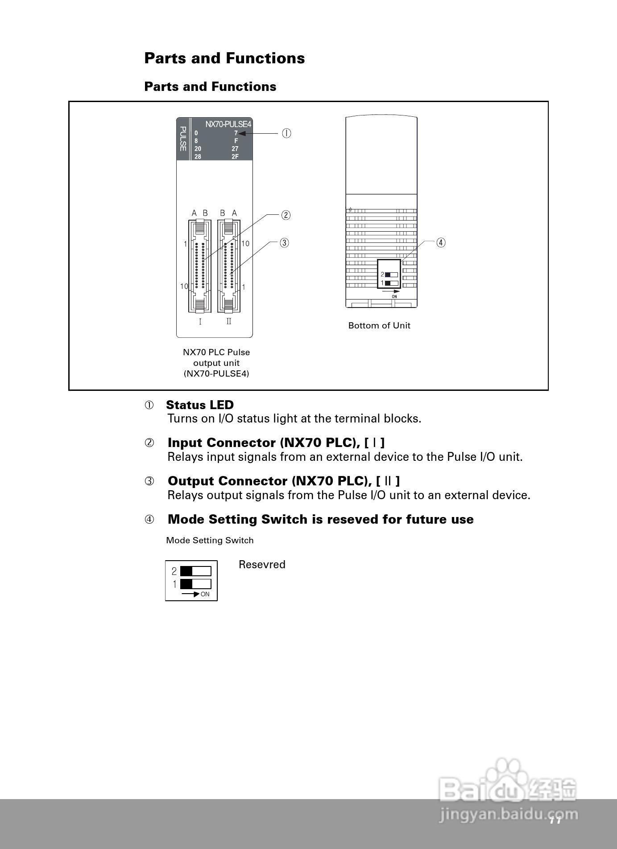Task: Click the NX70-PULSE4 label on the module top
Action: coord(228,124)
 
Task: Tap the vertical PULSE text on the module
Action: coord(182,139)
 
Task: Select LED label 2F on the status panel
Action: coord(235,157)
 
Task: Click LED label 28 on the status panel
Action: coord(198,157)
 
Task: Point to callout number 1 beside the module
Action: coord(286,133)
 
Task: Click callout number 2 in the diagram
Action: coord(286,215)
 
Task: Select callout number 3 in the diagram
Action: coord(284,243)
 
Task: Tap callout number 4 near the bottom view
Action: coord(441,243)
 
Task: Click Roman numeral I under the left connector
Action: coord(200,322)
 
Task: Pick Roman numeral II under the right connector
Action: coord(229,321)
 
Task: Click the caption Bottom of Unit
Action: coord(379,326)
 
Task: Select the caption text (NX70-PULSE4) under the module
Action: coord(216,374)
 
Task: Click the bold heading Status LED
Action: coord(199,405)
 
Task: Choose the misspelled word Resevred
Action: coord(262,565)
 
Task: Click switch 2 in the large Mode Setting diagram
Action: coord(195,571)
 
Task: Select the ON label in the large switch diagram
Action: coord(205,595)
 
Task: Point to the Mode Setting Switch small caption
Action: coord(210,541)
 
